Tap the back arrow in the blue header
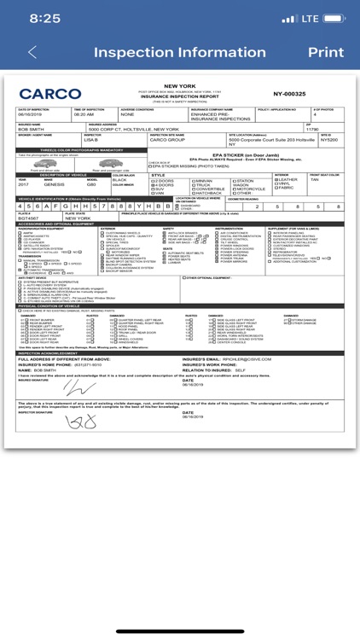[x=32, y=52]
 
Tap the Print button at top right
[x=324, y=52]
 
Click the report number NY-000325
[x=289, y=94]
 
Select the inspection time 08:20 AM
[x=84, y=114]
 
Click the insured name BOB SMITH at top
[x=30, y=129]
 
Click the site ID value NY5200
[x=329, y=139]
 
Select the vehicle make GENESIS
[x=55, y=184]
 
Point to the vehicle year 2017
[x=23, y=184]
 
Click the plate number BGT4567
[x=29, y=218]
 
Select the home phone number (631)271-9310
[x=70, y=365]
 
